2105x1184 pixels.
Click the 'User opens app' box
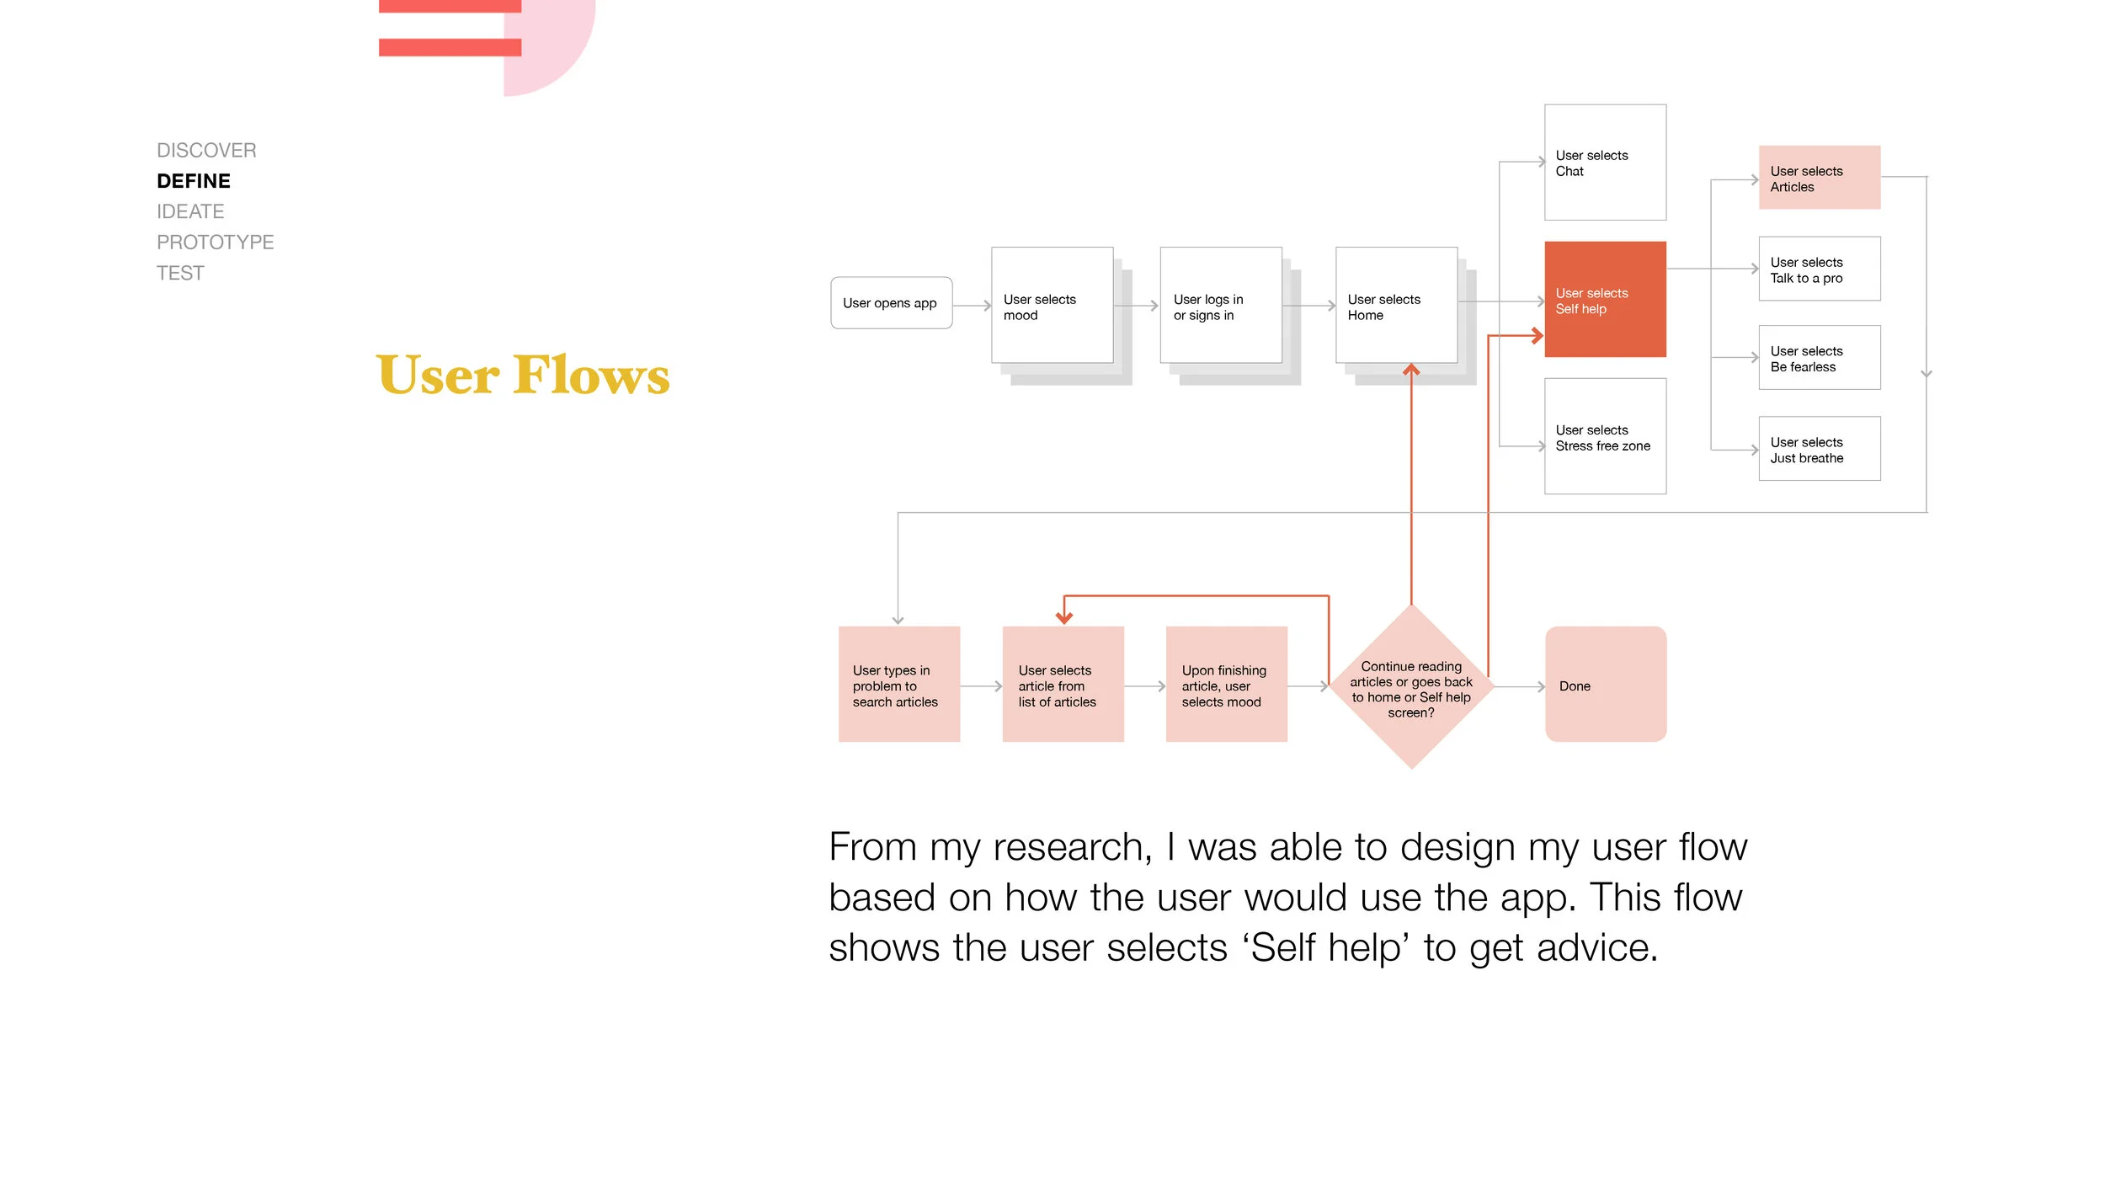click(891, 303)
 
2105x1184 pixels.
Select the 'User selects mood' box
click(1052, 306)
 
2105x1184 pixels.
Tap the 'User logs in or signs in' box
click(1220, 306)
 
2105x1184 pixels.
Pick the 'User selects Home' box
click(1396, 306)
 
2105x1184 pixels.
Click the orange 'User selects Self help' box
click(1605, 300)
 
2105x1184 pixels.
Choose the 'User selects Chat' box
click(1605, 163)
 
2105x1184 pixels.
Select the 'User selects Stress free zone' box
click(1605, 436)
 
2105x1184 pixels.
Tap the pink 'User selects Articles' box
click(1819, 178)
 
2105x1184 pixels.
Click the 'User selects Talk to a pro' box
click(1819, 269)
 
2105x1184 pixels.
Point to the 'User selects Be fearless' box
click(1819, 358)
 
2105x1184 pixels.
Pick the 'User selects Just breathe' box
click(1819, 449)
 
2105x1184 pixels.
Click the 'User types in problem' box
click(898, 685)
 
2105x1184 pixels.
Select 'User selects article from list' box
click(1063, 685)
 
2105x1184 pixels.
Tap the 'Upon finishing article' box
click(1226, 685)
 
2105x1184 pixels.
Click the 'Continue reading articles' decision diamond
click(1411, 687)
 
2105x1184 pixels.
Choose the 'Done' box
click(1605, 685)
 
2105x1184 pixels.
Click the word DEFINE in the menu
click(194, 181)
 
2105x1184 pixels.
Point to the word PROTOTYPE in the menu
click(215, 243)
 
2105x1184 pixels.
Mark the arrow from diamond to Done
click(1520, 687)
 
